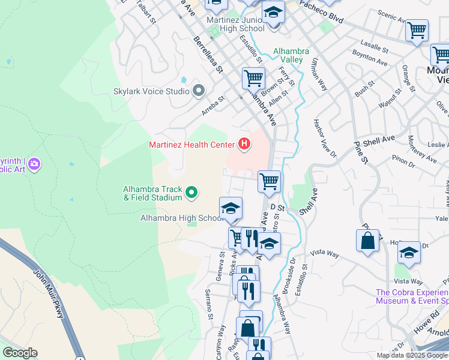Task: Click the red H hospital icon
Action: point(244,145)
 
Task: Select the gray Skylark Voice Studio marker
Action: point(199,91)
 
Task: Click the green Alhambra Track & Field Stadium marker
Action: point(191,193)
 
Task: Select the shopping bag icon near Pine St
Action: point(367,241)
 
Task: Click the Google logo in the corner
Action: point(20,353)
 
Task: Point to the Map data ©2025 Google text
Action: point(412,355)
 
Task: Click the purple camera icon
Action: point(34,163)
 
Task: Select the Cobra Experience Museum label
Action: point(412,296)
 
